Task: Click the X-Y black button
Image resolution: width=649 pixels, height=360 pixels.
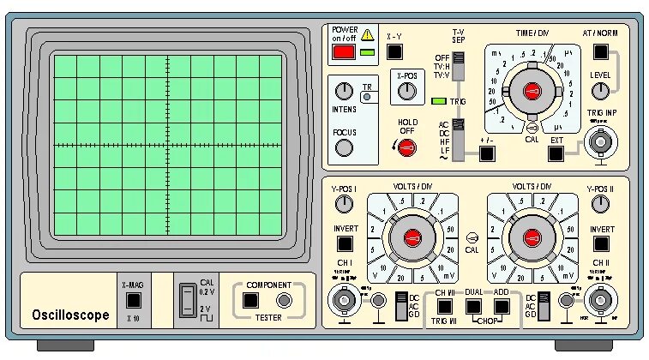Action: click(x=394, y=52)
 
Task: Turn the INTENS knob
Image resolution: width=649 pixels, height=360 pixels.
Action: click(x=344, y=91)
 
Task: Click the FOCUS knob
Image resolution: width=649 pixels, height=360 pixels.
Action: click(x=344, y=148)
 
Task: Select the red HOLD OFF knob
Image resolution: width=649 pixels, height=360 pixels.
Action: click(x=408, y=146)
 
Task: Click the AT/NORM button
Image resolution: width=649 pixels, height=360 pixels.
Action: click(x=600, y=52)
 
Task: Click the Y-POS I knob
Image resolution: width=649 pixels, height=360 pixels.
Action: click(x=344, y=203)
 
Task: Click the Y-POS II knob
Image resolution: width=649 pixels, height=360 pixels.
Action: click(x=600, y=203)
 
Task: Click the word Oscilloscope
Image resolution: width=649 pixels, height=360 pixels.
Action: click(x=70, y=315)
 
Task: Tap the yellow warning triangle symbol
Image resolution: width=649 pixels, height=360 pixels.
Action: click(x=368, y=34)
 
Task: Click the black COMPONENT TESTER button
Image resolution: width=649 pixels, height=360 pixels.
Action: click(x=249, y=301)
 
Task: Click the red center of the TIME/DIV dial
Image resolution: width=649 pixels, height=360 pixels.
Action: click(x=532, y=92)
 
